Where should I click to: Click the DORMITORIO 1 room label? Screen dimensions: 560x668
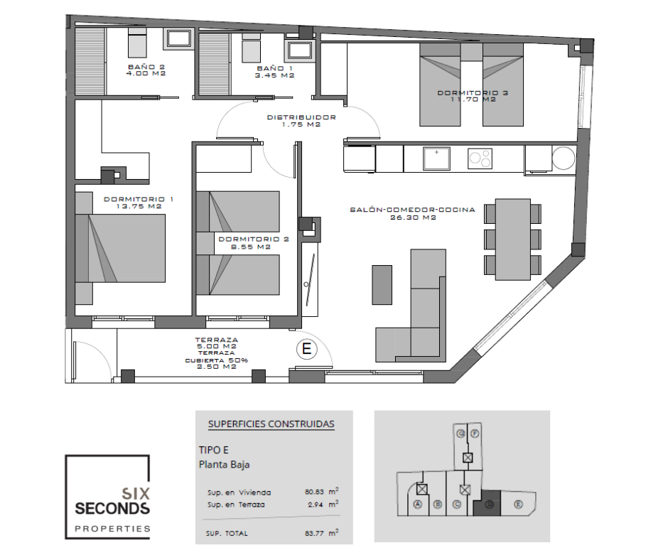[x=139, y=199]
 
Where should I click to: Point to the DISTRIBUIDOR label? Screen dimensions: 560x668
[x=301, y=118]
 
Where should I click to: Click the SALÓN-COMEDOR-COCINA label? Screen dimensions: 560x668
[x=412, y=210]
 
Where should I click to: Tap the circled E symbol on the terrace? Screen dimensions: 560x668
[x=306, y=349]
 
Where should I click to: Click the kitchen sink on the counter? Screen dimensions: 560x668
[x=436, y=158]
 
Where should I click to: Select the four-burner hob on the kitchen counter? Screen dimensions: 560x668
[x=480, y=158]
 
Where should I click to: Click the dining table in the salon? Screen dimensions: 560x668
[x=512, y=238]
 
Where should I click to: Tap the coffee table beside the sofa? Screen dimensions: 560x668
[x=382, y=285]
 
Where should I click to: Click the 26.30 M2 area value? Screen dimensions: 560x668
[x=412, y=217]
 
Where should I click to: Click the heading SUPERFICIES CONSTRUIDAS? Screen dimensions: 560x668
[x=271, y=424]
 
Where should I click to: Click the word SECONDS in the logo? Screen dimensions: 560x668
[x=112, y=508]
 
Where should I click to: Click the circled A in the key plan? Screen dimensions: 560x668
[x=418, y=505]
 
